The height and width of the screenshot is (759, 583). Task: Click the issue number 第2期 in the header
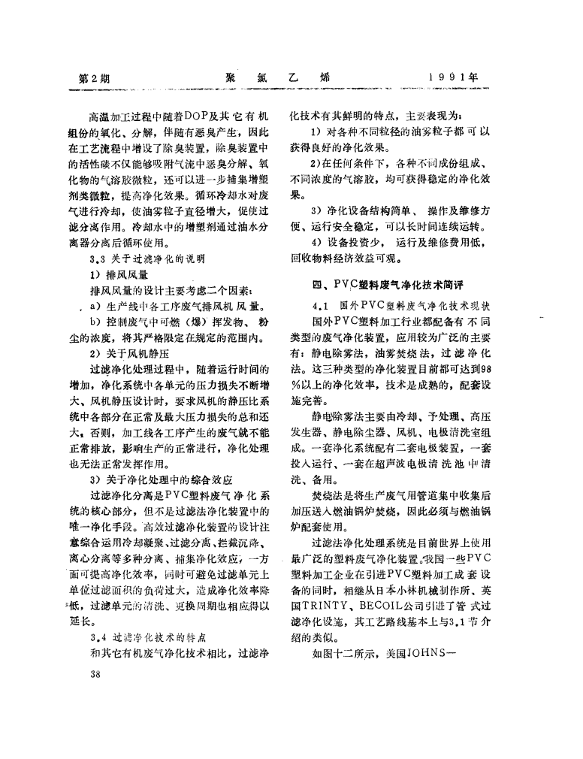94,78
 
